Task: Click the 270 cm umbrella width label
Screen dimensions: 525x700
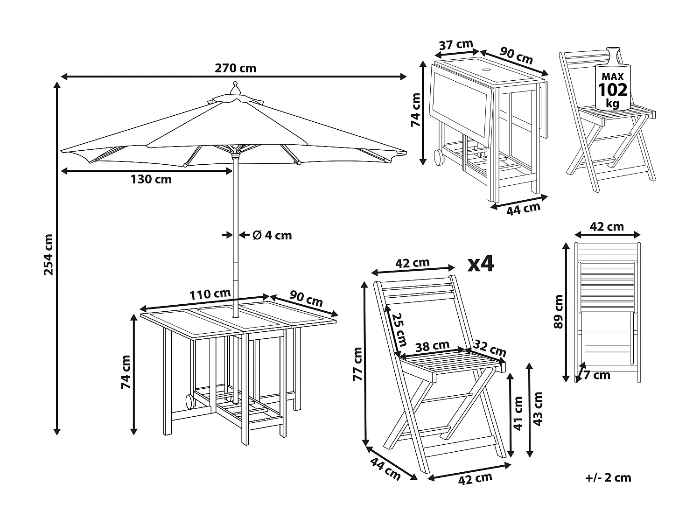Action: pos(235,68)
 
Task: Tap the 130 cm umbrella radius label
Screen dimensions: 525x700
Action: pos(151,179)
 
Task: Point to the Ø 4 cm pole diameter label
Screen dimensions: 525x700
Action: pos(272,235)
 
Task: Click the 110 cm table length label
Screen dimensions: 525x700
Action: pos(210,294)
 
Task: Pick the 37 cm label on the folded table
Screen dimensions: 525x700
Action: pos(456,45)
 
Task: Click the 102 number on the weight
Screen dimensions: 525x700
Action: pos(613,89)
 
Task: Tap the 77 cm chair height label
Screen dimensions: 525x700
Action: pos(358,364)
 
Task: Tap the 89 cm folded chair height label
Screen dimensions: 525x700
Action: pos(558,312)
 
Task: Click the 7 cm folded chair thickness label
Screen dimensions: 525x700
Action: pos(596,375)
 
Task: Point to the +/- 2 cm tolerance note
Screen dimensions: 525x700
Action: pos(608,477)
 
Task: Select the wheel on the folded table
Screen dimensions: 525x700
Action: pos(439,157)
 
